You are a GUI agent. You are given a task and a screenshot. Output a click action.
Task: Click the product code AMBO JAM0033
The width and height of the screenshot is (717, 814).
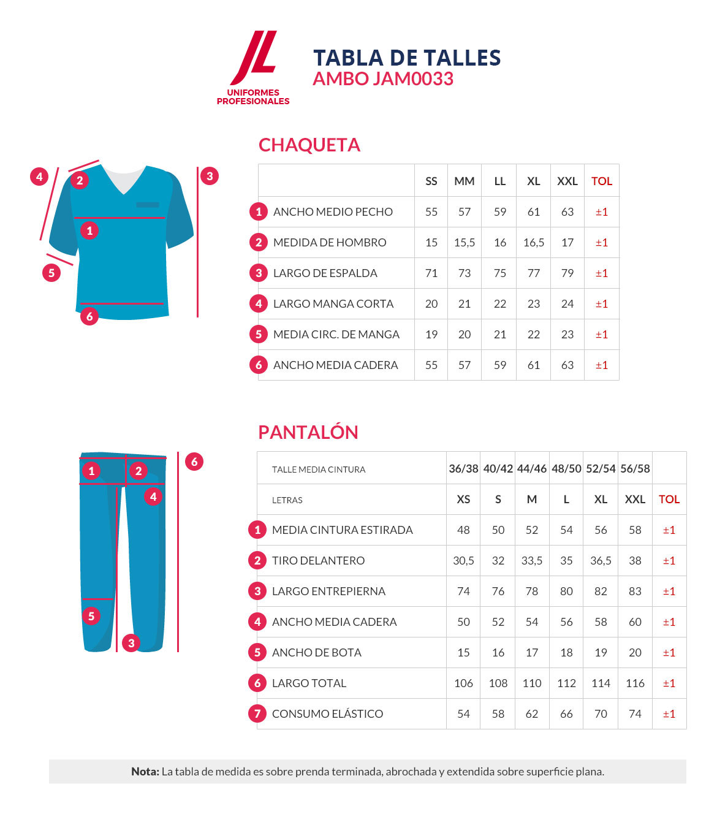pyautogui.click(x=383, y=79)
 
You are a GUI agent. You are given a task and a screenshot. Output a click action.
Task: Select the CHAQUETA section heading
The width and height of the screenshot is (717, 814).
pyautogui.click(x=309, y=145)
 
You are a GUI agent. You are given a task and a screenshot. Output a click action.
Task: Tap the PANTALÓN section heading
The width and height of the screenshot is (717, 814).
pyautogui.click(x=308, y=433)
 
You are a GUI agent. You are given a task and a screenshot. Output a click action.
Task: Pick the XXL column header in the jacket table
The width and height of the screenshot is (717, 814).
pyautogui.click(x=567, y=181)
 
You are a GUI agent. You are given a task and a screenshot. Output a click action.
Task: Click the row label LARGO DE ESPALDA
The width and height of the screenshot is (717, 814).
pyautogui.click(x=325, y=273)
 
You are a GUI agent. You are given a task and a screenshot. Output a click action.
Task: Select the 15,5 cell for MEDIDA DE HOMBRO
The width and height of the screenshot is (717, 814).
pyautogui.click(x=465, y=243)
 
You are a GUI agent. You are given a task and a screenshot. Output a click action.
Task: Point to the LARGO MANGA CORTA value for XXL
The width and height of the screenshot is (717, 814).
pyautogui.click(x=567, y=304)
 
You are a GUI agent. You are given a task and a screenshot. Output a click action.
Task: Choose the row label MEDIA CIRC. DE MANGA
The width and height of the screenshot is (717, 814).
pyautogui.click(x=336, y=335)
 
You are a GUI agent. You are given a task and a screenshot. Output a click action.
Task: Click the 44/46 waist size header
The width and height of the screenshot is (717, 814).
pyautogui.click(x=531, y=469)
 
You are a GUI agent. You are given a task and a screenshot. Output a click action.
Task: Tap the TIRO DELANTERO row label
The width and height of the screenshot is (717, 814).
pyautogui.click(x=318, y=561)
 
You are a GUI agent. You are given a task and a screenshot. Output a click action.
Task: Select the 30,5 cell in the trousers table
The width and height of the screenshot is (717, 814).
pyautogui.click(x=463, y=561)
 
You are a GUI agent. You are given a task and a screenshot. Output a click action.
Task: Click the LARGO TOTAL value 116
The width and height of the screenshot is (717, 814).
pyautogui.click(x=635, y=683)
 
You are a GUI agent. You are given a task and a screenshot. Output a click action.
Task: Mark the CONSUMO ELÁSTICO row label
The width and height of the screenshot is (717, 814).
pyautogui.click(x=327, y=714)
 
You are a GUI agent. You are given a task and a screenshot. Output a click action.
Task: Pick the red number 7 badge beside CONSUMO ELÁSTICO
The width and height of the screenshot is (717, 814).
pyautogui.click(x=257, y=713)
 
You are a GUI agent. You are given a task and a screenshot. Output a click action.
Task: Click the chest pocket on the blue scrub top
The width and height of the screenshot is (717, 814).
pyautogui.click(x=148, y=205)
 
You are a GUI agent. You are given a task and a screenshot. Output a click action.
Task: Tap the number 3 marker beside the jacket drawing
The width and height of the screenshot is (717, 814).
pyautogui.click(x=210, y=176)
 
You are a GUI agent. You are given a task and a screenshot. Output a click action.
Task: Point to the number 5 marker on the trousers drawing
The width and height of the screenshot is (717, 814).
pyautogui.click(x=91, y=615)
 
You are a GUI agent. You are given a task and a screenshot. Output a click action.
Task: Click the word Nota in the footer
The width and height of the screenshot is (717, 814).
pyautogui.click(x=145, y=772)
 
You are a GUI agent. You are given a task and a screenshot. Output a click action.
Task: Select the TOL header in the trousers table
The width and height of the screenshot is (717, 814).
pyautogui.click(x=669, y=500)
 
